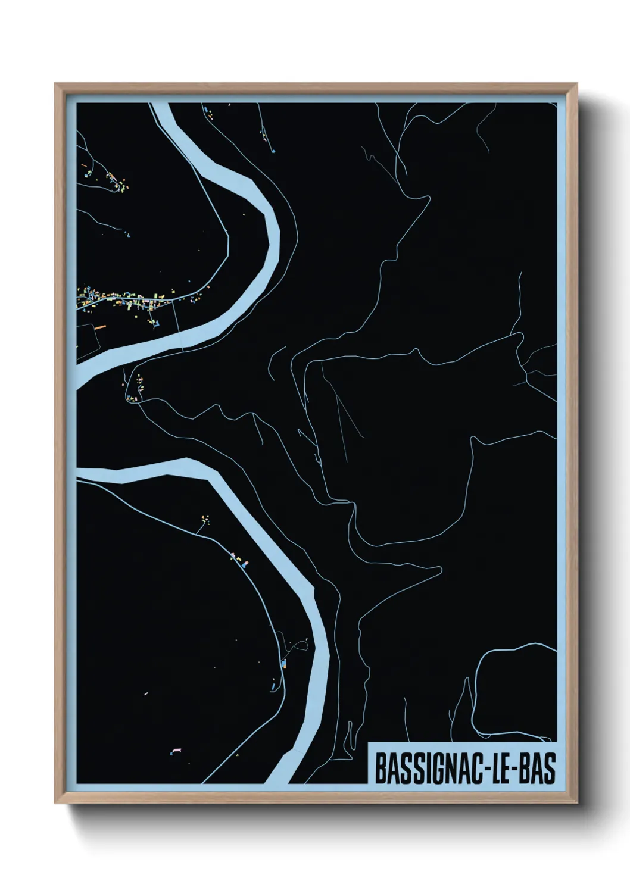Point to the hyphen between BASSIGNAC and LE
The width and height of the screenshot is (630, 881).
(481, 768)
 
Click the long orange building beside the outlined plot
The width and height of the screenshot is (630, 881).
(99, 327)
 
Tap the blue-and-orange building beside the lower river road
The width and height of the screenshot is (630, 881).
(284, 663)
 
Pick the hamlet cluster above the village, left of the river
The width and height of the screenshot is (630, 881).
(117, 182)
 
